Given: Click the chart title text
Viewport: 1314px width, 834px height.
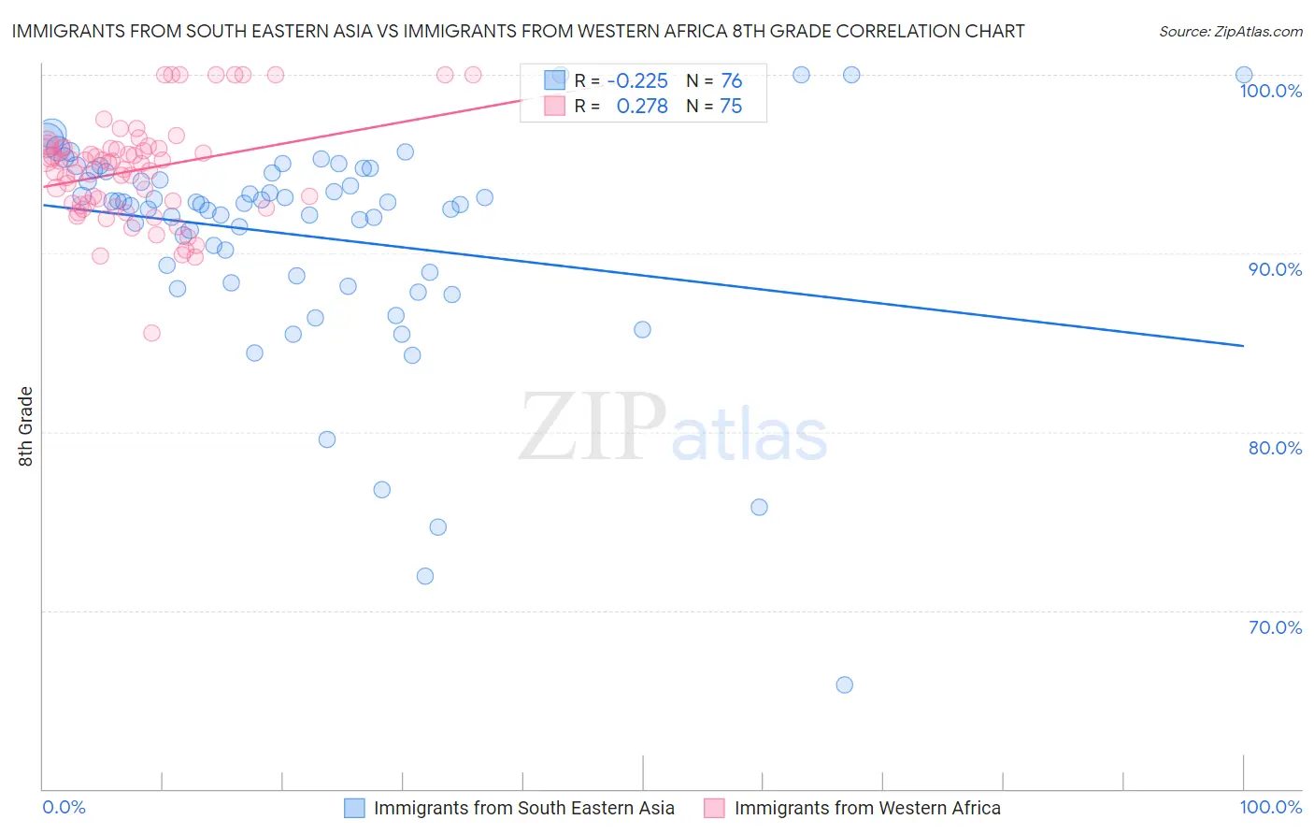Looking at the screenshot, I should pos(518,31).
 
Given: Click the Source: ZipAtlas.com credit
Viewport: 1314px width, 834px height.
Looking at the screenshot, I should pos(1230,31).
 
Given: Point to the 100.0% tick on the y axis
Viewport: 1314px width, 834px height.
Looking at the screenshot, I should pos(1270,91).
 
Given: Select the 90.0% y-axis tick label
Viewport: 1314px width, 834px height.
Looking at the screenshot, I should pos(1275,269).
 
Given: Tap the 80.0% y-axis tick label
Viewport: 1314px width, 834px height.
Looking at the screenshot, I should pos(1275,448).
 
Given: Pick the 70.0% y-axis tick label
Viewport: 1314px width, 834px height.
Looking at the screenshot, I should pos(1275,627).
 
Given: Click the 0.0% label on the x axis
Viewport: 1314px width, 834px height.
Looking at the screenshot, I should pos(64,807).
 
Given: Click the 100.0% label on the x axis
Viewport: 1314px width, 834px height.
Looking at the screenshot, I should pos(1270,807).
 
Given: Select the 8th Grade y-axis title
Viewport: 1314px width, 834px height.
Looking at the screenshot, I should pos(25,426).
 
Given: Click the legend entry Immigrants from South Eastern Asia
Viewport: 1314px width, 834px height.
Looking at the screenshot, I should pos(523,808).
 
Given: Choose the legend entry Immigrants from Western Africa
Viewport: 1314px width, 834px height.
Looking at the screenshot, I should pos(866,808).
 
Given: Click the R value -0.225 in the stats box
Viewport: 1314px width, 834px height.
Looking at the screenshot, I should pos(637,81).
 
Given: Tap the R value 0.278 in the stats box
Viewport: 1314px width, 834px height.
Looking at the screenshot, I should pos(642,107).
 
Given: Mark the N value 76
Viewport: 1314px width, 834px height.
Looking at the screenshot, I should pos(731,81).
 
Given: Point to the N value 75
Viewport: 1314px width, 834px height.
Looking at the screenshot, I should pos(731,107).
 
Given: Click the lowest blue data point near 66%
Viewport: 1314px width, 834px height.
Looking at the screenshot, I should pos(844,684).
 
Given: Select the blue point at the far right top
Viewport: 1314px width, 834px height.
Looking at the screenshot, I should pos(1243,75).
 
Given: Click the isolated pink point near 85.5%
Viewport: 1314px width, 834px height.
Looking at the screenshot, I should pos(151,333).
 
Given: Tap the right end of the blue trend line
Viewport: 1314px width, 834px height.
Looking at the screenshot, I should pos(1243,346).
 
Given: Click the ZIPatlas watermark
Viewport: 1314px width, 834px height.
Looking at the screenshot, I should pos(673,428).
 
